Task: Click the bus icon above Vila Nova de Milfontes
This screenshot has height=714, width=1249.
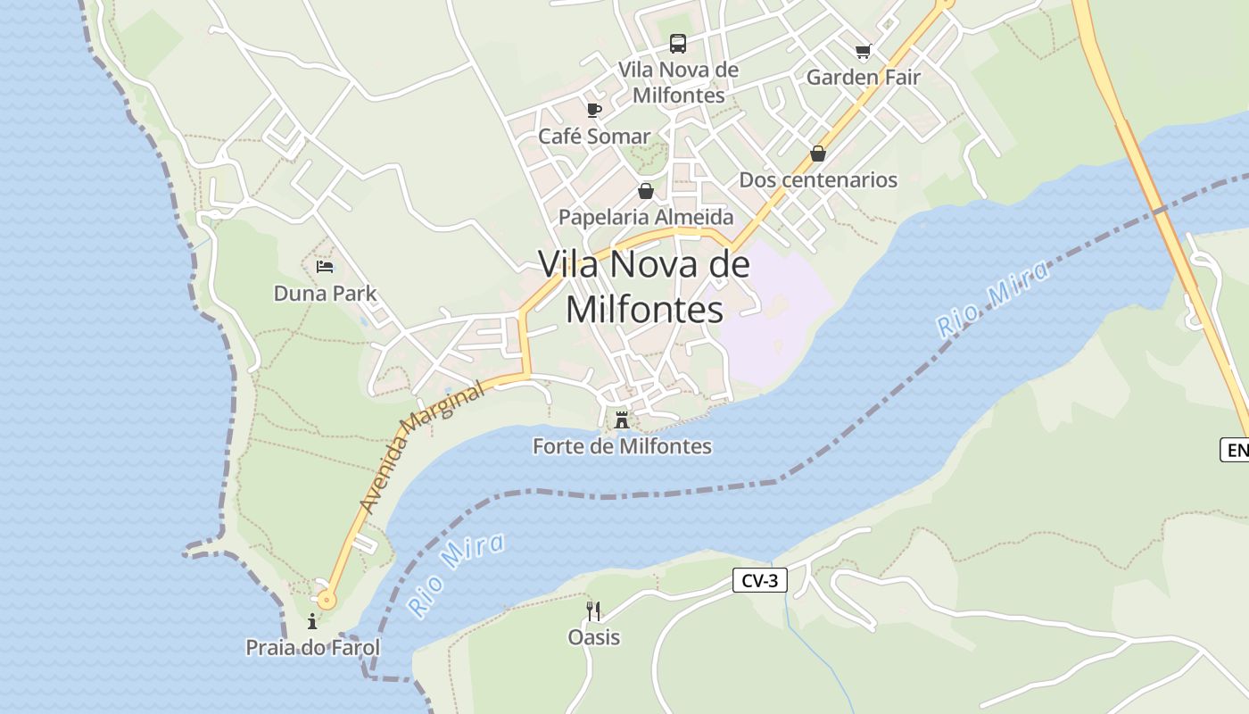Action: pos(678,43)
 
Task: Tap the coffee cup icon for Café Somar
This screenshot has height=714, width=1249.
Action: pos(593,110)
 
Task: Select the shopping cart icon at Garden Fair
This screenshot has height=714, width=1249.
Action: pos(862,51)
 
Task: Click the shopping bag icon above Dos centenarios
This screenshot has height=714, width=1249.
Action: pos(818,154)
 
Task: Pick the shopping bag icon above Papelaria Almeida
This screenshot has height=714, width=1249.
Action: pos(646,191)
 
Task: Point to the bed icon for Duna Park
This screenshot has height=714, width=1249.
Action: pos(325,267)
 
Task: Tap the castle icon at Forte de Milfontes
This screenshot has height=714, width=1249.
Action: pos(622,419)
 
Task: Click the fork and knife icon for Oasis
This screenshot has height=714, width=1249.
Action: pos(593,610)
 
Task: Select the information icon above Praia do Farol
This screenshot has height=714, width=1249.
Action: pos(312,621)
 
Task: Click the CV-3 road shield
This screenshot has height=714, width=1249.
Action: pos(760,581)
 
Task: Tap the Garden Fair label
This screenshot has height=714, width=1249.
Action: pos(863,77)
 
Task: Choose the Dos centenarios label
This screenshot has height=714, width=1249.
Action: pos(818,179)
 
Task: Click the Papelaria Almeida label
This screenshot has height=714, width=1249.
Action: pos(646,217)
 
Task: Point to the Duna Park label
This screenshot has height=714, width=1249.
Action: pos(325,293)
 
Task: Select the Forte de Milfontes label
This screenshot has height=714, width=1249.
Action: pos(622,445)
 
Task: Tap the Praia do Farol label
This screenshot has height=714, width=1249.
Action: pos(312,647)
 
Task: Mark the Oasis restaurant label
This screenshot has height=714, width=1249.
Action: pos(593,637)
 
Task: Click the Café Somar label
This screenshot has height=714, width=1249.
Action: pos(594,136)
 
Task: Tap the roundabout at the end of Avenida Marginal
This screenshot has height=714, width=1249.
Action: pos(327,599)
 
